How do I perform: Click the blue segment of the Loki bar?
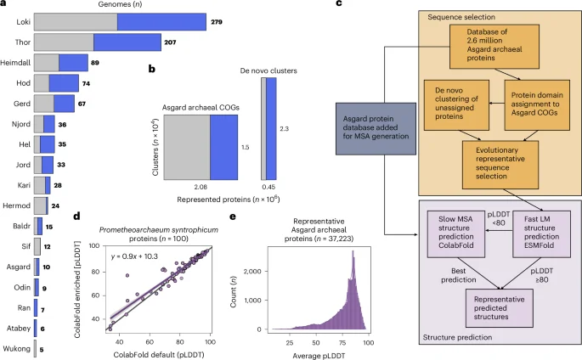pos(162,19)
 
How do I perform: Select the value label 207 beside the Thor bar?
pos(173,41)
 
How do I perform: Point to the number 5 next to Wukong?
pos(42,349)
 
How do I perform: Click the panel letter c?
pos(339,5)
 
